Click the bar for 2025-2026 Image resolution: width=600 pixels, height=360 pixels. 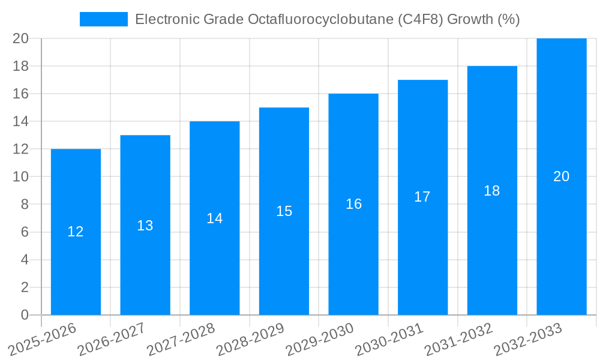76,264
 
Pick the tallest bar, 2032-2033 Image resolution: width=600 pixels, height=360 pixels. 561,120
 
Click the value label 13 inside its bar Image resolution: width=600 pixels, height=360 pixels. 145,226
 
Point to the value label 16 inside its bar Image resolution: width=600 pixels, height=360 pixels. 353,204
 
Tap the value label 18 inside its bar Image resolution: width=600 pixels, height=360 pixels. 492,191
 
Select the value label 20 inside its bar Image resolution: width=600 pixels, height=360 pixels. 561,176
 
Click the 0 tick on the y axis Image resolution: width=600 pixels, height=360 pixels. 25,315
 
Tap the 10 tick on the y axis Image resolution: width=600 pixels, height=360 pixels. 21,177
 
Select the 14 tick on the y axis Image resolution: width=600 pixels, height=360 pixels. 21,122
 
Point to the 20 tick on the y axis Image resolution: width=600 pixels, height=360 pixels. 21,39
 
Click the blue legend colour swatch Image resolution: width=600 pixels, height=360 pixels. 103,19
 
